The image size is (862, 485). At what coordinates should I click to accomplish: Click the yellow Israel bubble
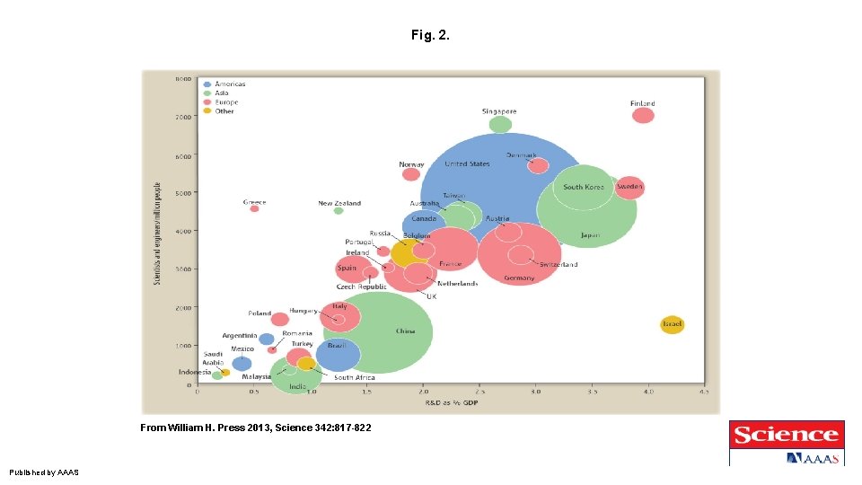point(672,324)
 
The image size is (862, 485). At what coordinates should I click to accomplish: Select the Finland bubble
point(643,115)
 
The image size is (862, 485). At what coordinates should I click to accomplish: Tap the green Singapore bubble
point(501,124)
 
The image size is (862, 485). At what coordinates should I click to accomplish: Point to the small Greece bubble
point(254,208)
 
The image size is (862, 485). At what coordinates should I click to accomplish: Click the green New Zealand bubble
point(339,211)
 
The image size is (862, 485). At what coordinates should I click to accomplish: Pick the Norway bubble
point(411,174)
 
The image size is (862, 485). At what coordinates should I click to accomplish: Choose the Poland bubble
point(280,319)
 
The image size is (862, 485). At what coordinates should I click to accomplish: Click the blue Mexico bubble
point(242,363)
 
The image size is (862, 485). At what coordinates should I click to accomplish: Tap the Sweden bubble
point(629,187)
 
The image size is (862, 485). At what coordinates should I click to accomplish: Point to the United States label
point(467,164)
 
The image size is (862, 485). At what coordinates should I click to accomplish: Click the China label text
point(406,331)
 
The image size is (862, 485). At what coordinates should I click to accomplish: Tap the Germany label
point(519,278)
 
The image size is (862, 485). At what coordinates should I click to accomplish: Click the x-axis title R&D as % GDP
point(451,401)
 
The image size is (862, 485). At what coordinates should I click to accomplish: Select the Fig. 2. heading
point(430,36)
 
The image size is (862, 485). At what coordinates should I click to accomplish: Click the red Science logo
point(786,436)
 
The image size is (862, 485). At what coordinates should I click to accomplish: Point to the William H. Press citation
point(255,428)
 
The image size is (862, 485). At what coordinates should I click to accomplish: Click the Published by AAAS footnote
point(44,472)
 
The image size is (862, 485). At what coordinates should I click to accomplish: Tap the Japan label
point(589,235)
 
